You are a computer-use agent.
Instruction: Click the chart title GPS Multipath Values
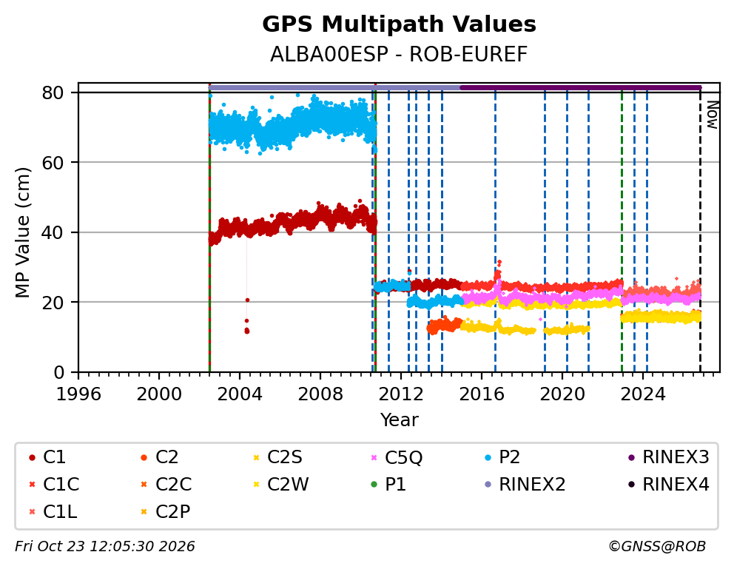click(399, 24)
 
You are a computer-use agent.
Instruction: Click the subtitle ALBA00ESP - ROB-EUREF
click(399, 55)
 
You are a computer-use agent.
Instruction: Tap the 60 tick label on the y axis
click(53, 162)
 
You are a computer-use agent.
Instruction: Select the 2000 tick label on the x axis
click(158, 394)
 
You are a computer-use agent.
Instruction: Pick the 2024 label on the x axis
click(643, 394)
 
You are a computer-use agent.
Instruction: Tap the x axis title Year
click(399, 420)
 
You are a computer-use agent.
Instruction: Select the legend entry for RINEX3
click(669, 457)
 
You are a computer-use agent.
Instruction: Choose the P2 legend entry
click(502, 457)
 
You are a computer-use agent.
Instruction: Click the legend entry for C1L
click(53, 512)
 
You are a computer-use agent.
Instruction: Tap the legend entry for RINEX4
click(669, 485)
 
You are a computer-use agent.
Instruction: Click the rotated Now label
click(713, 115)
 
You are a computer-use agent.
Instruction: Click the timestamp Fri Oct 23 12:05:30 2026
click(105, 546)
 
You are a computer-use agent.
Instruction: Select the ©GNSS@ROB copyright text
click(657, 546)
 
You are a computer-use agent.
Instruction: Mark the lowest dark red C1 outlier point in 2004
click(246, 331)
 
